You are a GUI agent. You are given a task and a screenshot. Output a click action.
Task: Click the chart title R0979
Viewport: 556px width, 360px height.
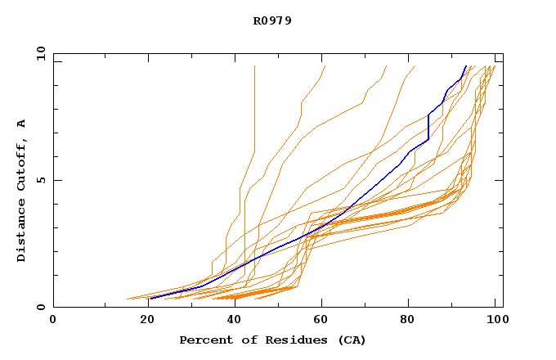[x=272, y=20]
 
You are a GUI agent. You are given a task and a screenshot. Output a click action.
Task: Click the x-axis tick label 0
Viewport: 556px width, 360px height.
[x=53, y=322]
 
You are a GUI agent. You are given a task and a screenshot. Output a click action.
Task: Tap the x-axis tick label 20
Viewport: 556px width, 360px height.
[x=141, y=322]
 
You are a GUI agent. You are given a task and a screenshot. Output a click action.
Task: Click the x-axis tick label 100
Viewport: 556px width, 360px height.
[x=495, y=322]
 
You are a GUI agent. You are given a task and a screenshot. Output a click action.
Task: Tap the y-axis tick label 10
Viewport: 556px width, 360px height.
[x=39, y=54]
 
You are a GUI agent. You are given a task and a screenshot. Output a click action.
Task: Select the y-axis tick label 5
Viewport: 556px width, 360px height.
[x=39, y=180]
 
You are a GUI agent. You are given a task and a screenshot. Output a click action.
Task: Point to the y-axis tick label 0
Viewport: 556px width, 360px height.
[x=39, y=307]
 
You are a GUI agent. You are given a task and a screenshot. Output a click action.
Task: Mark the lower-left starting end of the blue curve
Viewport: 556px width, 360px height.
[x=150, y=299]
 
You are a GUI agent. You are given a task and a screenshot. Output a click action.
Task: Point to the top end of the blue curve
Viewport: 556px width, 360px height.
[x=465, y=66]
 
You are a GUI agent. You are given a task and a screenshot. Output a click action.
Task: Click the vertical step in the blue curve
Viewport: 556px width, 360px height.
[x=428, y=127]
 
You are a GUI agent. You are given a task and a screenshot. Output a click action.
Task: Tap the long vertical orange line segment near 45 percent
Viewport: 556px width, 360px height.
[x=254, y=106]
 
